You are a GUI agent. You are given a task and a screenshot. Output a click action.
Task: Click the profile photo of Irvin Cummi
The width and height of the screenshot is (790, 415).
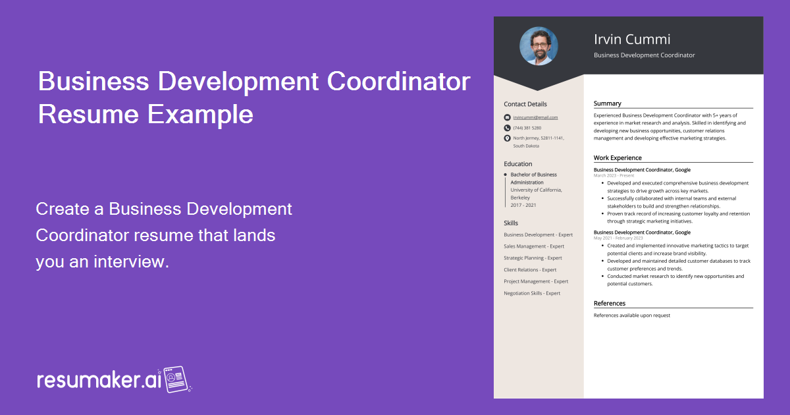point(539,46)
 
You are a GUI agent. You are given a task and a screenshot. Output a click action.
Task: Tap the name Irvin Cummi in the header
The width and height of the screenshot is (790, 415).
point(632,39)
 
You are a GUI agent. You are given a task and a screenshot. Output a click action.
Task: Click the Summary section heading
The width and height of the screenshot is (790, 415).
point(607,103)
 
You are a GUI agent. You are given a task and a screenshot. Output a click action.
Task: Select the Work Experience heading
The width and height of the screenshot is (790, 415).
point(618,158)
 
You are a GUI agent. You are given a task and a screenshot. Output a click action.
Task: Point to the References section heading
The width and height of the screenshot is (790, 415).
point(610,304)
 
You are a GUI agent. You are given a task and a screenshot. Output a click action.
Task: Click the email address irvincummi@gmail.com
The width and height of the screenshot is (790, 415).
point(535,117)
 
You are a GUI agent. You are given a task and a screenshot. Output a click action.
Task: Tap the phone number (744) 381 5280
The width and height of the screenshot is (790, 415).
point(527,128)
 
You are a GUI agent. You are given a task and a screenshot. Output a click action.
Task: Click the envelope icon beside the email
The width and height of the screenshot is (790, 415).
point(507,117)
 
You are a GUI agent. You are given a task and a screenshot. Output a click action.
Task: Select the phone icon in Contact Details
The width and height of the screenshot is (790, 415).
point(507,128)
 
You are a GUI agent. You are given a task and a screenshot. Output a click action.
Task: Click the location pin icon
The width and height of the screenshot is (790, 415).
point(507,138)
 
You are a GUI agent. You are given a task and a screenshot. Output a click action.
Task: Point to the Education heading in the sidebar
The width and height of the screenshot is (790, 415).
point(518,164)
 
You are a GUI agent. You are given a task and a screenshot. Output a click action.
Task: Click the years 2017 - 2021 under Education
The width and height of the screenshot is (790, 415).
point(523,205)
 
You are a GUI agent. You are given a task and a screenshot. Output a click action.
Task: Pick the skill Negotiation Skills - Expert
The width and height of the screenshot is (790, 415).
point(532,293)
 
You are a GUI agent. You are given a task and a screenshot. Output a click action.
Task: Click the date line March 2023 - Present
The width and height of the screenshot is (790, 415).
point(614,176)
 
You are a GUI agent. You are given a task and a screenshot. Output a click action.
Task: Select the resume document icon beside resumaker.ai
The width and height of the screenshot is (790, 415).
point(176,380)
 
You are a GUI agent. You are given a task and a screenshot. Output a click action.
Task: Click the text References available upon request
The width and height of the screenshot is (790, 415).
point(632,316)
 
